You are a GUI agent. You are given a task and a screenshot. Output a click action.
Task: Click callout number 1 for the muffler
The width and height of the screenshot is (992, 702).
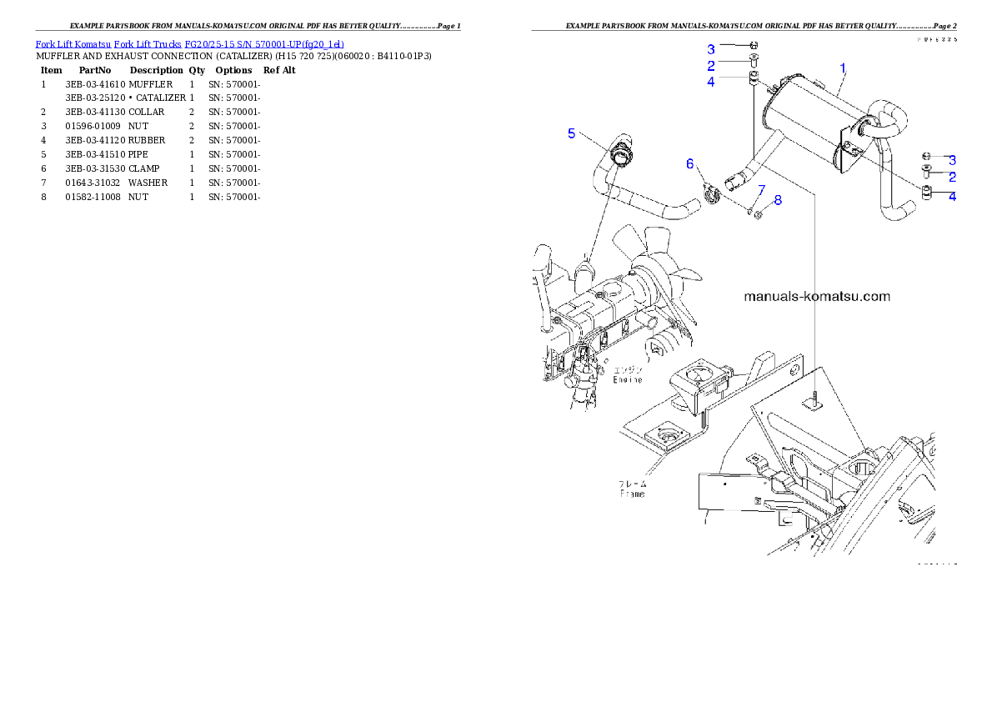click(843, 67)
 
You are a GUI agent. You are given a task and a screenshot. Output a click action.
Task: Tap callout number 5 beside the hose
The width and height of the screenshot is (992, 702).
click(571, 133)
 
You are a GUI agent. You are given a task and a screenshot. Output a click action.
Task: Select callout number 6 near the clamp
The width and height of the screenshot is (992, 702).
click(689, 164)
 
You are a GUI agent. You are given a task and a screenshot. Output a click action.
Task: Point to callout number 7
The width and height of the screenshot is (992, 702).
click(761, 190)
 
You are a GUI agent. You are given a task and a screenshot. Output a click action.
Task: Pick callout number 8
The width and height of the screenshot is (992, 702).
click(778, 200)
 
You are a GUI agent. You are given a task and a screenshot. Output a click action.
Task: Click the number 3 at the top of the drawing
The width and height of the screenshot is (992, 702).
click(711, 49)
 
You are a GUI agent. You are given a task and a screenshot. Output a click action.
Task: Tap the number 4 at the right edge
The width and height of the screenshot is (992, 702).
click(952, 197)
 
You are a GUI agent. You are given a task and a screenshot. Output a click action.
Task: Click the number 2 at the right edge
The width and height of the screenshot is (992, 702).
click(952, 177)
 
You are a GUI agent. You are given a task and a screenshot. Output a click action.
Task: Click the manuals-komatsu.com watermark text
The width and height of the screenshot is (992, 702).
click(816, 296)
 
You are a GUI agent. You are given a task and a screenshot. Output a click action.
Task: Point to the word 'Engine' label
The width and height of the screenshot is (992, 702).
click(628, 379)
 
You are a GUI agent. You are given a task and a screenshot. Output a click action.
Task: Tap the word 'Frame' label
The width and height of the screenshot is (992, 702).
click(632, 494)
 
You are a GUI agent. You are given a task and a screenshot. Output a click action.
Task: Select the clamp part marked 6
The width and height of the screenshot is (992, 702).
click(710, 197)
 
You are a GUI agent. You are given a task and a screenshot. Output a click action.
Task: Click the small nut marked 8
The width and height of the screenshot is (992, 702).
click(759, 216)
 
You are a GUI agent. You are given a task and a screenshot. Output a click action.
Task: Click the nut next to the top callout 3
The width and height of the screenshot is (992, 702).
click(754, 45)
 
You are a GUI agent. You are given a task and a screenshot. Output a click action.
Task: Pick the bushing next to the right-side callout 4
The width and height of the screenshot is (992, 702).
click(926, 193)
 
